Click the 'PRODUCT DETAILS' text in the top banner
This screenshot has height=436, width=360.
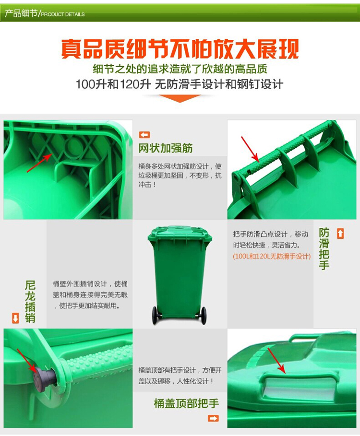(63, 14)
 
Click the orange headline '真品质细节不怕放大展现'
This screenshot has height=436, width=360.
(180, 49)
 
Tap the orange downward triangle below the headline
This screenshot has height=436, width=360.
(180, 98)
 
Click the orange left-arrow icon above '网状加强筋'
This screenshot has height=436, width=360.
(144, 135)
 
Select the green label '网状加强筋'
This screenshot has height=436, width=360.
(166, 148)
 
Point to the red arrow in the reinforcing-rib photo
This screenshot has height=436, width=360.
(39, 163)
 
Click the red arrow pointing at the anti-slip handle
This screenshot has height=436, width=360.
(250, 149)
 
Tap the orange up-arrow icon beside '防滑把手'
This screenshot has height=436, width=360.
(340, 234)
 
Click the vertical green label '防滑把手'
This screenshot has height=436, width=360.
(324, 248)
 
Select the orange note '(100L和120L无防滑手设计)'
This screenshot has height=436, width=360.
(272, 257)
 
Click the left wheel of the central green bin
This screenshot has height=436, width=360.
(155, 315)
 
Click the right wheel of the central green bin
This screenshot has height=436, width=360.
(204, 315)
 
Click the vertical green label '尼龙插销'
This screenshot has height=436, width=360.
(30, 301)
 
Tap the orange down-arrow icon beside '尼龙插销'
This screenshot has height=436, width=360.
(15, 318)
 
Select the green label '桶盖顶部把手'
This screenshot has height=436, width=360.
(186, 403)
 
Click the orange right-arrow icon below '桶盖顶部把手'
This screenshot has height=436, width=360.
(213, 418)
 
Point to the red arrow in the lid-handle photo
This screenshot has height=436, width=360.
(276, 361)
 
